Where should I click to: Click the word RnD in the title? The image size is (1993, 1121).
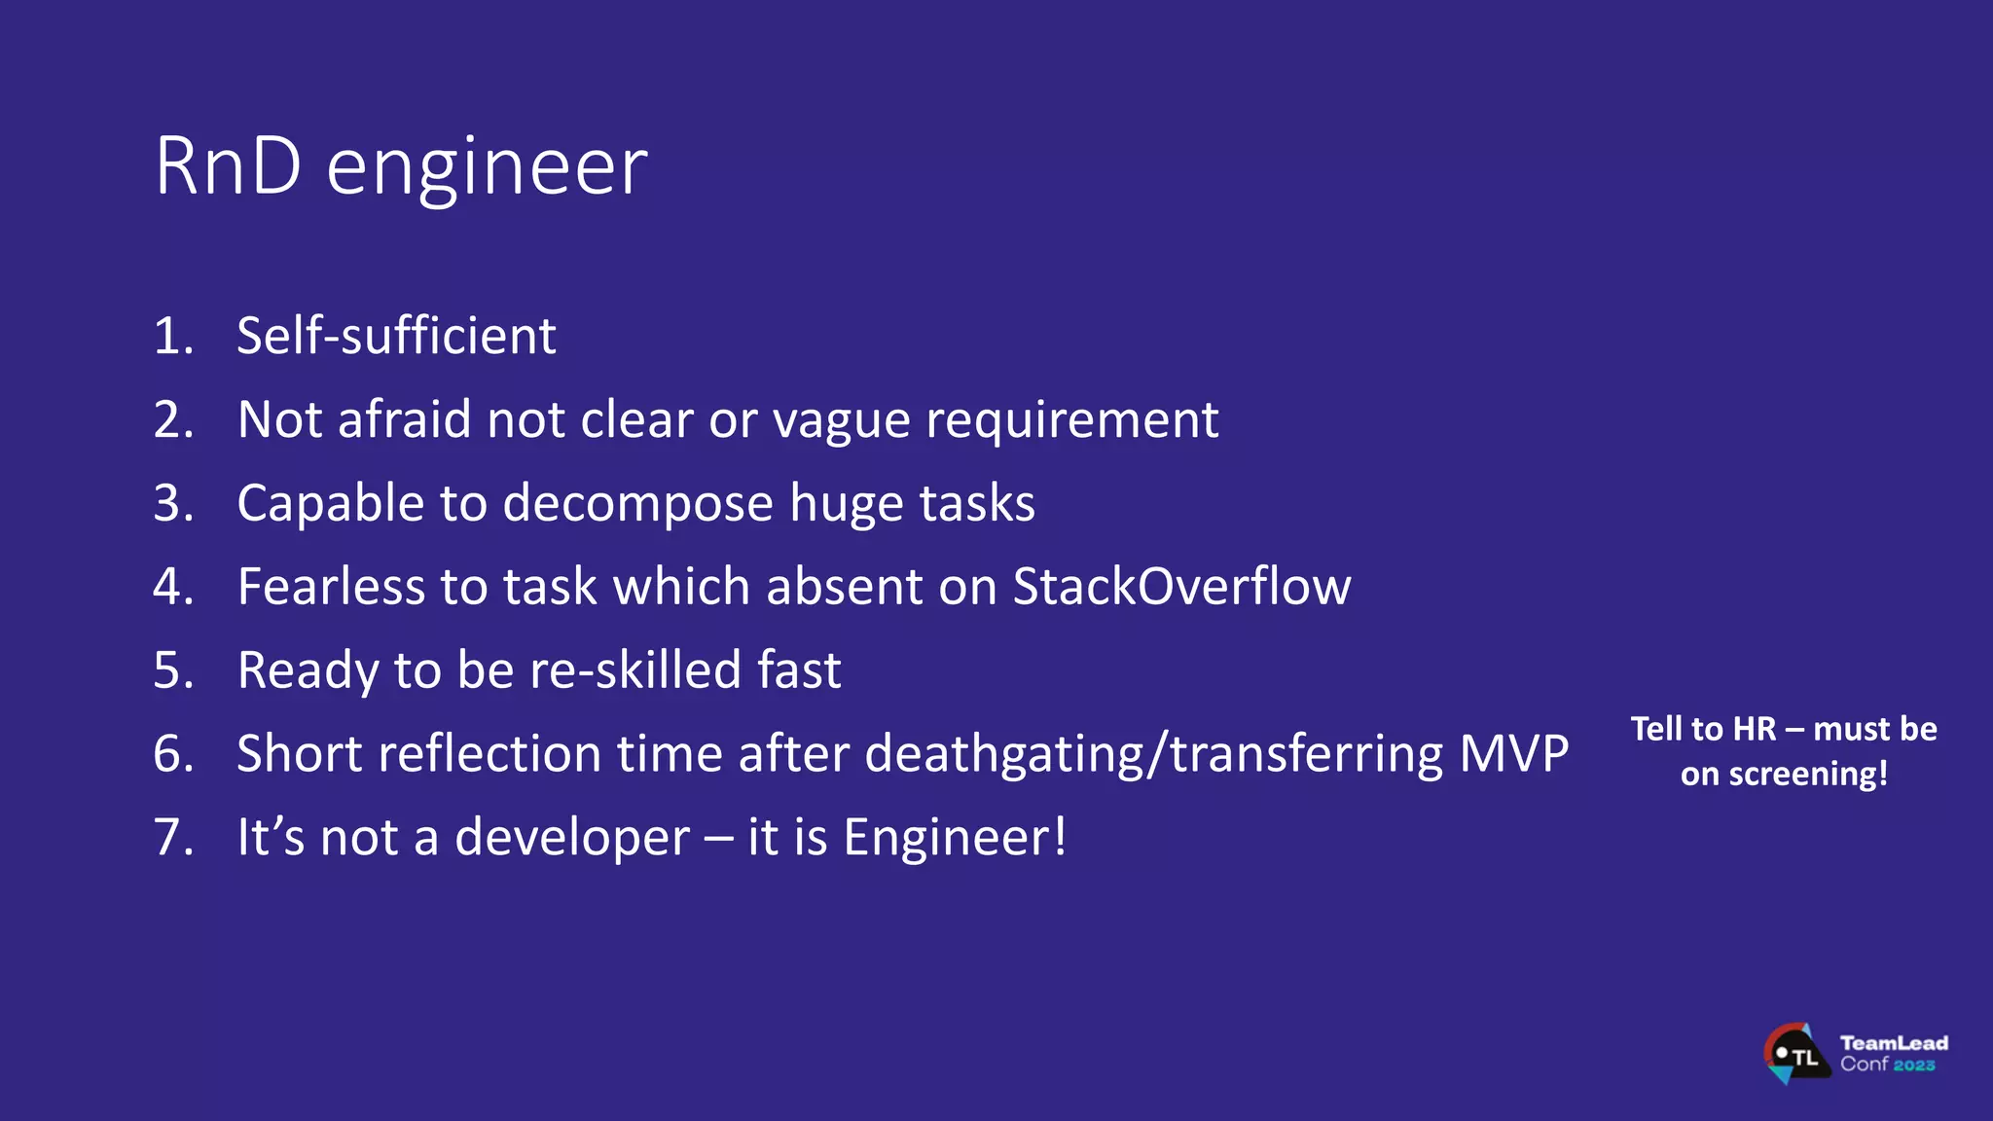point(228,166)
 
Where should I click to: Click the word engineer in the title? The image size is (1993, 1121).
point(487,170)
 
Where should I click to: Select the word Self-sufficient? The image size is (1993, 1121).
point(396,336)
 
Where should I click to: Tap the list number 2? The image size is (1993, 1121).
point(173,419)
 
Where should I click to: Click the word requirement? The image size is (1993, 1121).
point(1071,421)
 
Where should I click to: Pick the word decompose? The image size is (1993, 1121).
point(637,504)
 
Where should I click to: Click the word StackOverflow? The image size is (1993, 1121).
point(1181,587)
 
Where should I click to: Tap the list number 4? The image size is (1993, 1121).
point(173,587)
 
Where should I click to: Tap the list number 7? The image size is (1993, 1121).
point(173,838)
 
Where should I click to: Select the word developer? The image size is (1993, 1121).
point(572,838)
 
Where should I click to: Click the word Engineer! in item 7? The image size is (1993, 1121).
point(955,838)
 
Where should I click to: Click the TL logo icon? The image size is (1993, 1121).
point(1794,1054)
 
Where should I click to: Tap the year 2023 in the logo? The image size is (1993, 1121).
point(1914,1066)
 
